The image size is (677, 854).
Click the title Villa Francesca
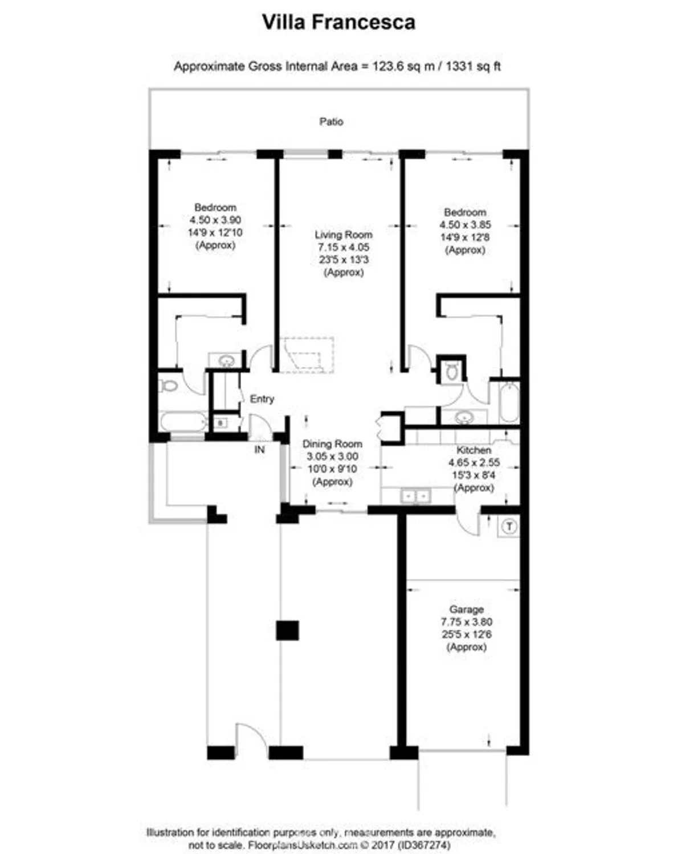click(x=338, y=22)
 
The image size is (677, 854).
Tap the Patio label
click(x=331, y=121)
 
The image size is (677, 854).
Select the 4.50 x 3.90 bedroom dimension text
click(x=215, y=220)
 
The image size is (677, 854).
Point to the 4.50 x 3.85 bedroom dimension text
click(x=465, y=225)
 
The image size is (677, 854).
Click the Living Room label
click(x=343, y=235)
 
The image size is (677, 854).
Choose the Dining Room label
click(x=332, y=444)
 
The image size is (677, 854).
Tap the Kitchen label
click(x=473, y=450)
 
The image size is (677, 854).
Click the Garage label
click(x=466, y=609)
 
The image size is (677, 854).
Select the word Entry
click(x=262, y=399)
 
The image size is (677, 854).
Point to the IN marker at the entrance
click(x=259, y=450)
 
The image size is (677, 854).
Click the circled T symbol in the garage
click(x=509, y=527)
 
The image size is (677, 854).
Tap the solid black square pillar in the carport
click(x=287, y=631)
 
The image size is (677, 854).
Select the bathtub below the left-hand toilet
click(x=183, y=422)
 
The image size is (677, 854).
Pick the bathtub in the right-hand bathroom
click(x=508, y=402)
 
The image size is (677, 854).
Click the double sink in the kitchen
click(x=415, y=496)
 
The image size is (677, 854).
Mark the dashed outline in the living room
click(x=306, y=355)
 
